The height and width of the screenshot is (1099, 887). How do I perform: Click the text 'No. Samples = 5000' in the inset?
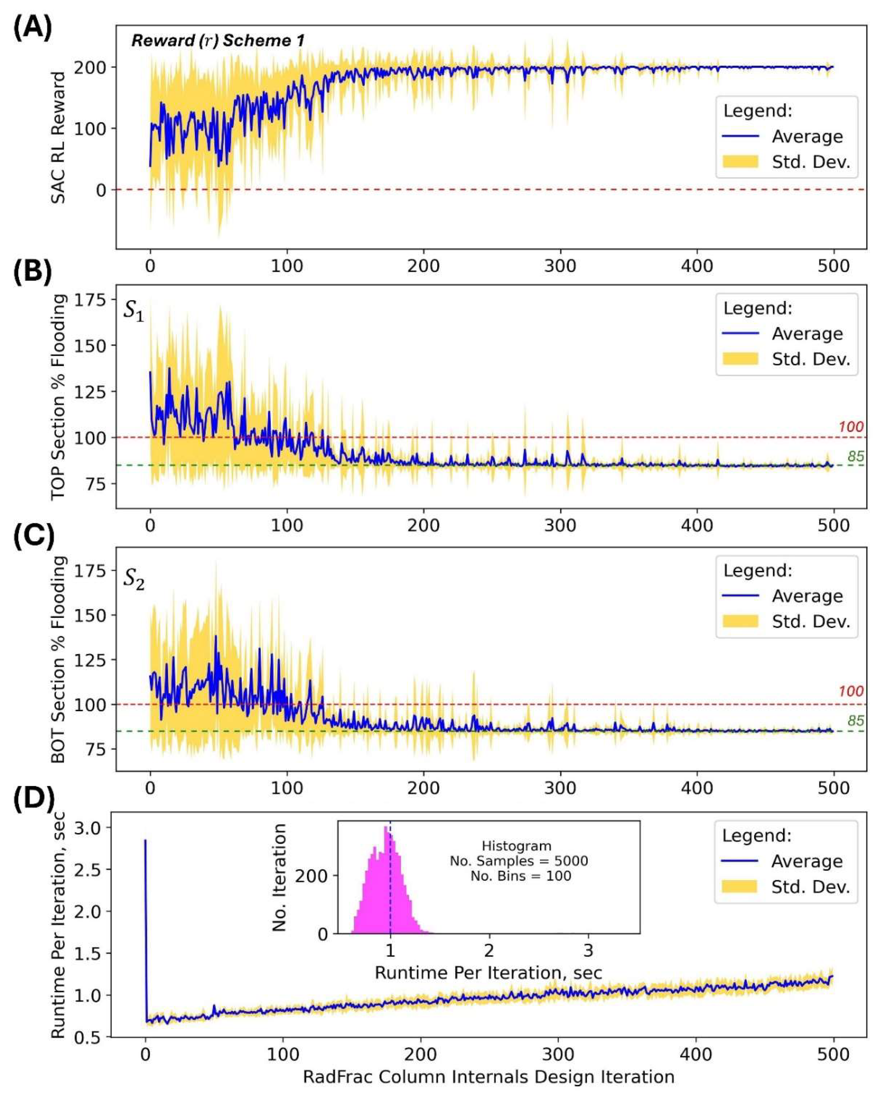(519, 861)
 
